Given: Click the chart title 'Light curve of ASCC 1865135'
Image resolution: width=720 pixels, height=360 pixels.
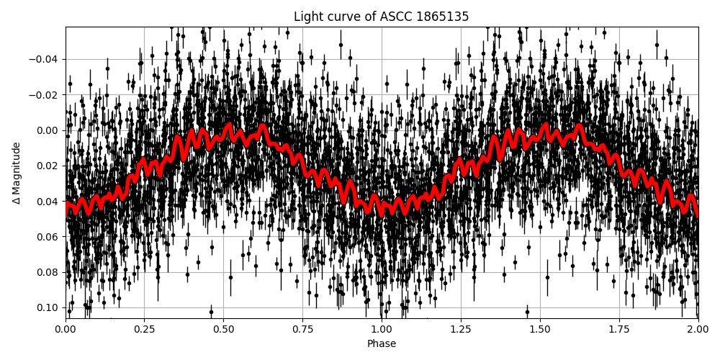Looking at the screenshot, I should pyautogui.click(x=381, y=17).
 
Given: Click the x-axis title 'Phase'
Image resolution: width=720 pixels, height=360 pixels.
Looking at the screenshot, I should pyautogui.click(x=381, y=344).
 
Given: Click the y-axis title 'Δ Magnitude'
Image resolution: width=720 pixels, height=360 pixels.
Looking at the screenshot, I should pyautogui.click(x=17, y=173).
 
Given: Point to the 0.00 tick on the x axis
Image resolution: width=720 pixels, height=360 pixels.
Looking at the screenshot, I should pyautogui.click(x=66, y=330).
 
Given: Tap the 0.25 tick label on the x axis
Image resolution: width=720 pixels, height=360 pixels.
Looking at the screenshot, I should pyautogui.click(x=144, y=330).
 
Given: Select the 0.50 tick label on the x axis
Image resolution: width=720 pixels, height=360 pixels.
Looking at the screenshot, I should pyautogui.click(x=223, y=330).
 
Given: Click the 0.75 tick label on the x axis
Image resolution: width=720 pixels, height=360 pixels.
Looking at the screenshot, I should pyautogui.click(x=302, y=330).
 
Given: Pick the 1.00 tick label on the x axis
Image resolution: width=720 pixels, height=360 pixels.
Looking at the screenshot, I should pyautogui.click(x=382, y=330).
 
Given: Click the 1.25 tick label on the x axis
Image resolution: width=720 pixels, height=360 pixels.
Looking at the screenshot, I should pyautogui.click(x=461, y=330).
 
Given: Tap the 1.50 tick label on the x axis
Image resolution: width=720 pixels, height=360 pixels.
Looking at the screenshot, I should pyautogui.click(x=539, y=330).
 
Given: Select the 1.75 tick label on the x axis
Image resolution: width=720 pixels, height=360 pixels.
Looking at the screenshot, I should pyautogui.click(x=618, y=330).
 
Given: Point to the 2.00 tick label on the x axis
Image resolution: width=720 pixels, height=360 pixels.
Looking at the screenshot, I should pyautogui.click(x=698, y=330).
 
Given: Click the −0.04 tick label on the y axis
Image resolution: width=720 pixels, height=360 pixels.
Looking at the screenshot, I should pyautogui.click(x=44, y=59).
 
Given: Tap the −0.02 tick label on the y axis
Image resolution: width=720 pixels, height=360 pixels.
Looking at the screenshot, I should pyautogui.click(x=44, y=95).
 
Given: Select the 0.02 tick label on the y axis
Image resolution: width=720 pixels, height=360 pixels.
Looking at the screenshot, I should pyautogui.click(x=47, y=166).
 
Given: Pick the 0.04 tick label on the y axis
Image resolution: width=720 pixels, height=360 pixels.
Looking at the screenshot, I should pyautogui.click(x=47, y=201).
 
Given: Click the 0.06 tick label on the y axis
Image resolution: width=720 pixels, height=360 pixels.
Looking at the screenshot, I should pyautogui.click(x=47, y=237).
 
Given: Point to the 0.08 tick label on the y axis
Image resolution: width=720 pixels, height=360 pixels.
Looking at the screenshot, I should pyautogui.click(x=47, y=272).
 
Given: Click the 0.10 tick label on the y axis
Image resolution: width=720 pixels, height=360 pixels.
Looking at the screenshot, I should pyautogui.click(x=47, y=307).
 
